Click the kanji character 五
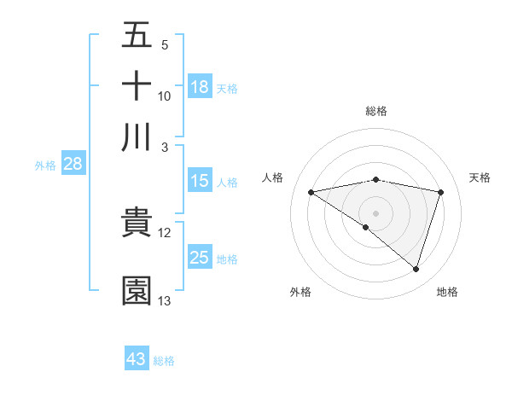(x=137, y=35)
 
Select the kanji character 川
(x=137, y=137)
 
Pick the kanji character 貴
(x=137, y=223)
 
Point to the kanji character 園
(x=137, y=291)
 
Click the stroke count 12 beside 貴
(x=165, y=233)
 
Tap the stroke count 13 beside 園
(x=165, y=301)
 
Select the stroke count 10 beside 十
(x=165, y=96)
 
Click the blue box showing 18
(x=200, y=86)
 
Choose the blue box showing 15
(x=200, y=181)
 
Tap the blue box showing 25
(x=200, y=258)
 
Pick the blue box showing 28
(x=73, y=165)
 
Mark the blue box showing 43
(x=137, y=359)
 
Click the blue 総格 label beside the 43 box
(x=164, y=361)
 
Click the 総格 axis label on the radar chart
(x=376, y=112)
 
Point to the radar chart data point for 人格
(x=311, y=192)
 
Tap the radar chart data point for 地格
(x=416, y=269)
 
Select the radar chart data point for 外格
(x=365, y=227)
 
